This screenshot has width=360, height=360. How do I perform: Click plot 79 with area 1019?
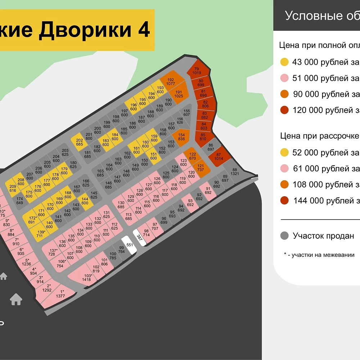click(197, 71)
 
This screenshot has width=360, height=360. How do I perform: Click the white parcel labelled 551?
click(129, 244)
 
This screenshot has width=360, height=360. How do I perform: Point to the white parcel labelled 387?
click(140, 237)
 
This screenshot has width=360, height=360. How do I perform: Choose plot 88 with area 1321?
click(235, 171)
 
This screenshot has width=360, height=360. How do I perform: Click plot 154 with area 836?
click(181, 137)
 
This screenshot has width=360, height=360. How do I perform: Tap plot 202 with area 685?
click(80, 142)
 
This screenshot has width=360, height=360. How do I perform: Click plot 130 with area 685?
click(121, 205)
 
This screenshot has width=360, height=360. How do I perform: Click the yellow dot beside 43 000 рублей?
click(284, 62)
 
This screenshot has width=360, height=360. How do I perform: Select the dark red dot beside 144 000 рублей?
click(284, 201)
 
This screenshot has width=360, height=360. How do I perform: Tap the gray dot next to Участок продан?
click(284, 236)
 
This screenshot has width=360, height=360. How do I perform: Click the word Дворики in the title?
click(85, 30)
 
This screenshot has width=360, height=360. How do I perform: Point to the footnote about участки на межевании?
click(319, 255)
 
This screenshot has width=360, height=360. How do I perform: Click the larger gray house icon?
click(16, 299)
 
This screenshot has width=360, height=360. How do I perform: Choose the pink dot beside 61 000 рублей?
click(284, 168)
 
